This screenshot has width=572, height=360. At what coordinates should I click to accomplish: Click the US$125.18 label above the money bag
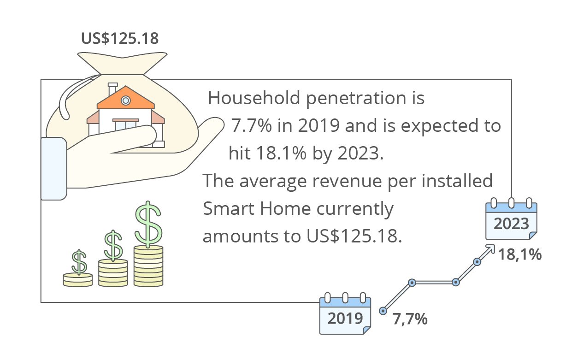pos(120,38)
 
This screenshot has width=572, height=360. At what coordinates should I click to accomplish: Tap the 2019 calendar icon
pos(345,313)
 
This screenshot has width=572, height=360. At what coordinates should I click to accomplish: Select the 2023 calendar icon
pos(511,219)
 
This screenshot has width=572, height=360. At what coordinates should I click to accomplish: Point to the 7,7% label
pos(410,319)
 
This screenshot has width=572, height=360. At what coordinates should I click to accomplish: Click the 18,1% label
pos(520,255)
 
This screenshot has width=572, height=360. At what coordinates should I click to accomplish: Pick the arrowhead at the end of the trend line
pos(490,249)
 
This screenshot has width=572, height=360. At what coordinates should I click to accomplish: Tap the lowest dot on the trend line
pos(383,311)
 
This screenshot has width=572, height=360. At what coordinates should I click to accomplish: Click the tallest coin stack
pos(148,266)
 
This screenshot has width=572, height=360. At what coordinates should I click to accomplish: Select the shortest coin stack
pos(78,280)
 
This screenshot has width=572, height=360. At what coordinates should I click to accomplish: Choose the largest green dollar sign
pos(148,224)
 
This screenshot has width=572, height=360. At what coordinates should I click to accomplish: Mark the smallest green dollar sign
pos(79,262)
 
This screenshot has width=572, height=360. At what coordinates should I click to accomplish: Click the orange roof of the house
pos(126,98)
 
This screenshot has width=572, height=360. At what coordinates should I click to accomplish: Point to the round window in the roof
pos(126,100)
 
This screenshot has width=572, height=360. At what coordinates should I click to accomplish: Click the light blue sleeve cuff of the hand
pos(54,169)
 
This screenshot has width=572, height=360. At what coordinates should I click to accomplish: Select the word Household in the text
pos(254,98)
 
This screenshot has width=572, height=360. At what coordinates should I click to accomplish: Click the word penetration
pos(356,99)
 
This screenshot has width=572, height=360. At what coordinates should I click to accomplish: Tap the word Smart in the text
pos(228,209)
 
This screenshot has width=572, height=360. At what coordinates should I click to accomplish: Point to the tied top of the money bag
pos(122,63)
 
